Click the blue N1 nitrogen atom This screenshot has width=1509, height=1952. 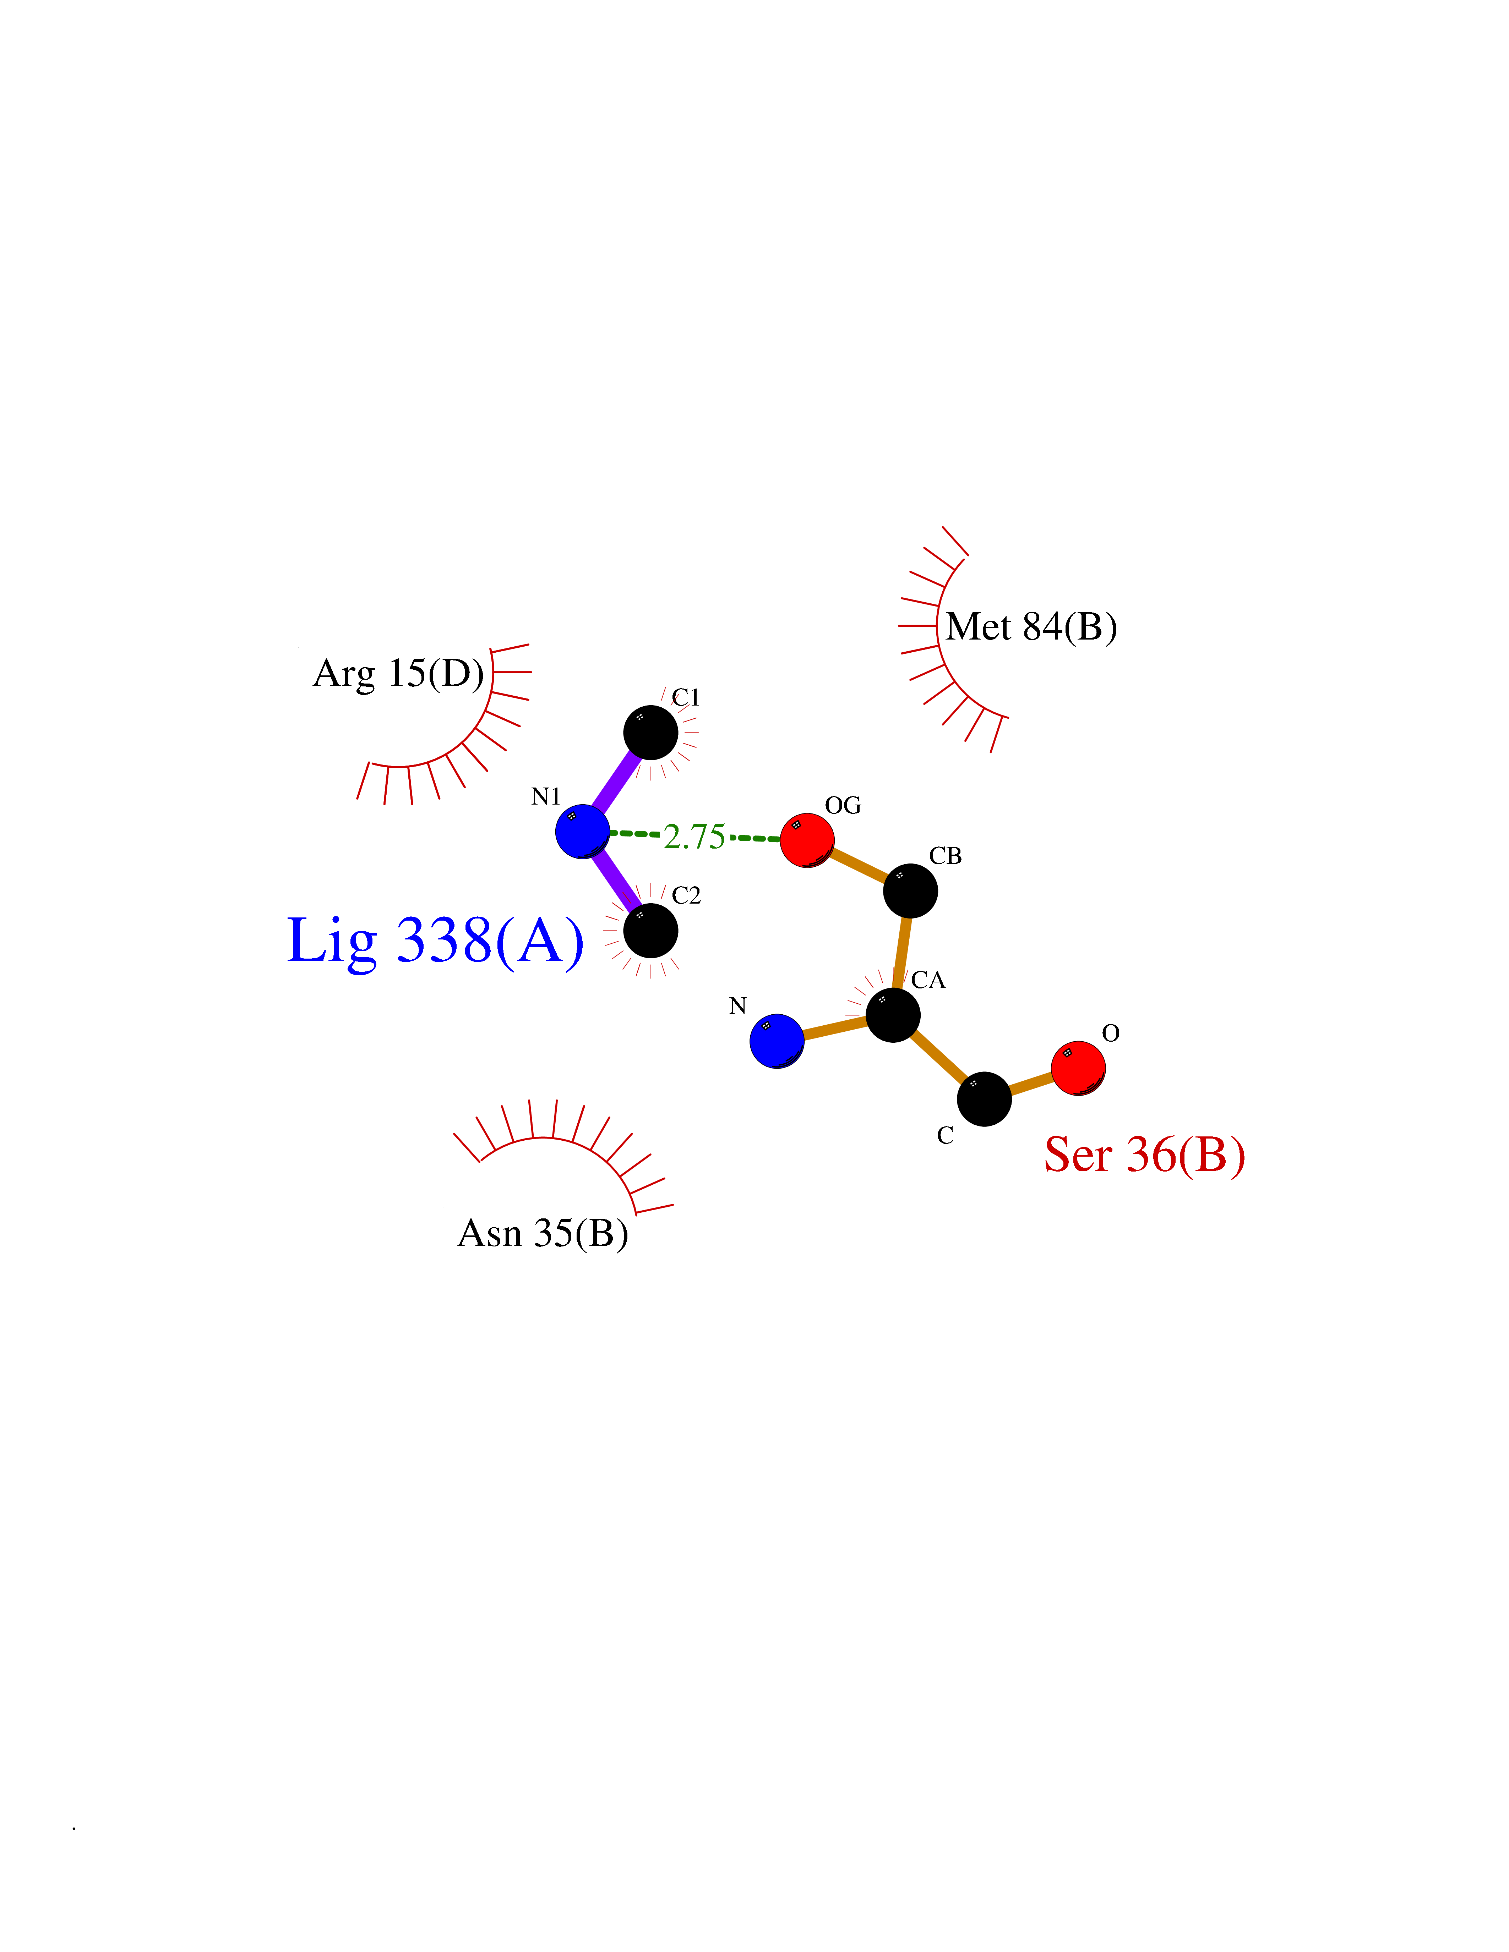tap(582, 831)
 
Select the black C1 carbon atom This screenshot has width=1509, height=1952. tap(651, 733)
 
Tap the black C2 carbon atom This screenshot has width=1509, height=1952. tap(651, 931)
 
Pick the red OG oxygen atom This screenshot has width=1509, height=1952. tap(807, 840)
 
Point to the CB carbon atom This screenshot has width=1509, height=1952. tap(911, 890)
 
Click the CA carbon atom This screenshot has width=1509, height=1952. tap(893, 1014)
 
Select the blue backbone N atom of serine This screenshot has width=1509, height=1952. tap(777, 1041)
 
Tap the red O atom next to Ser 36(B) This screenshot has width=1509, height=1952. tap(1078, 1068)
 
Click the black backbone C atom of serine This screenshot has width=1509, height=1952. tap(984, 1100)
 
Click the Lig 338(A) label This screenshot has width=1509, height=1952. tap(435, 941)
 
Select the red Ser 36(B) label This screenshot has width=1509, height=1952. tap(1144, 1155)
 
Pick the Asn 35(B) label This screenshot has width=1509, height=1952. tap(543, 1233)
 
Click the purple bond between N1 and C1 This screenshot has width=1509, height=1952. tap(617, 782)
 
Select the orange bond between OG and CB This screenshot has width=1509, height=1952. tap(859, 865)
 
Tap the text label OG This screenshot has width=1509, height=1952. tap(843, 805)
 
